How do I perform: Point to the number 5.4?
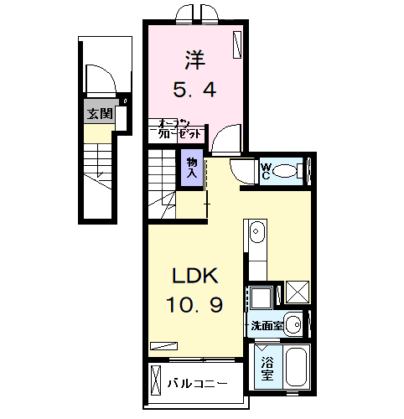coord(195,88)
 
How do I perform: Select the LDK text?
coord(196,276)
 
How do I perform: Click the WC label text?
coord(265,173)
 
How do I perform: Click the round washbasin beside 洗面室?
coord(293,323)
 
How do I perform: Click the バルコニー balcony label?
coord(197,383)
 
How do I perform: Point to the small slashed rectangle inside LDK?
coord(164,344)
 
